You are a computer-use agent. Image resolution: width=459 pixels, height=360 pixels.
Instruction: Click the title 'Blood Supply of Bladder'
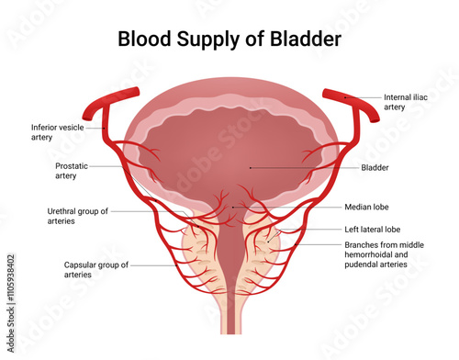pos(229,39)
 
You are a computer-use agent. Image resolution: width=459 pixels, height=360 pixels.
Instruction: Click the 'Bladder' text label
pos(375,168)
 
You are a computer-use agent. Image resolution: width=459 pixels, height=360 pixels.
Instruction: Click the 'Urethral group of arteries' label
pos(78,216)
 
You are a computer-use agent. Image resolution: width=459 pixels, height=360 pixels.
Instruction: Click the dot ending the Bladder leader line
pos(252,168)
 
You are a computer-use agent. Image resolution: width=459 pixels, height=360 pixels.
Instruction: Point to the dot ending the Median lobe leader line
pos(236,208)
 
